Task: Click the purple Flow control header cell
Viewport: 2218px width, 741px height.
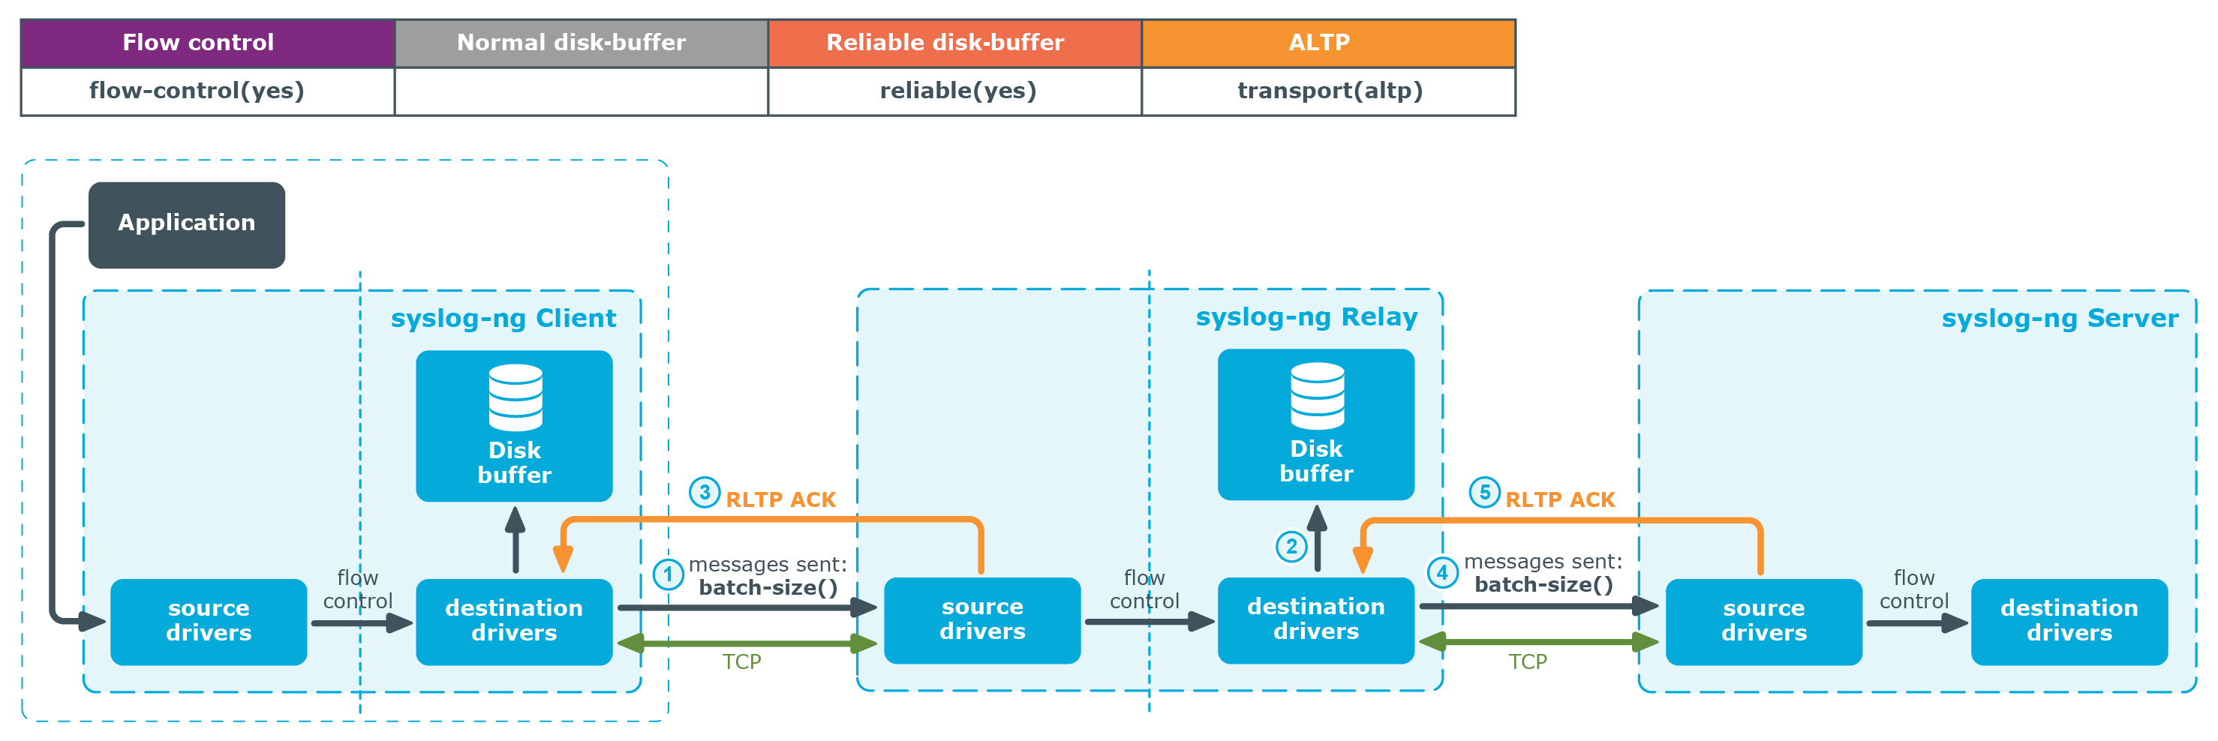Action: pos(208,43)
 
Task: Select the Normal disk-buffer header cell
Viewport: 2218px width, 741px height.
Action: pos(582,43)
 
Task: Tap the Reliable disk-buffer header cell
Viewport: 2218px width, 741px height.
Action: pos(955,43)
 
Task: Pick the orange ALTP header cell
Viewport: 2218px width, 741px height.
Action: pos(1329,43)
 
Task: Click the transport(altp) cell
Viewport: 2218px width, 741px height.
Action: pos(1329,91)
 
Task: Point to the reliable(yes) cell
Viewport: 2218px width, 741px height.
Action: pos(955,91)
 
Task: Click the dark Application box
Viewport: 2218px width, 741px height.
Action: pos(187,224)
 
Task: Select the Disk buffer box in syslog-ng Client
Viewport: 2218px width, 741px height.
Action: pos(514,426)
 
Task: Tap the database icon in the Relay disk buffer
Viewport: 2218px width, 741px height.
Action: pos(1317,396)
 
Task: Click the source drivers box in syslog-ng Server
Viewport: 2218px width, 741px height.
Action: pos(1763,621)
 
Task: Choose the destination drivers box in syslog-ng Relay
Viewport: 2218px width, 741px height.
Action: pos(1315,619)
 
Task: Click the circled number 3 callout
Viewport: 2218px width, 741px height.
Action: pos(705,492)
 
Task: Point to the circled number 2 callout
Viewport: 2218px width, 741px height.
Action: pos(1291,546)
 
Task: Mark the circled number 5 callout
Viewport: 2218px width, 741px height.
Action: pos(1484,492)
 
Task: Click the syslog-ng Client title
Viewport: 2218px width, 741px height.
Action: pos(503,319)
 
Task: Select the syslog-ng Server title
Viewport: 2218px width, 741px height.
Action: pos(2060,319)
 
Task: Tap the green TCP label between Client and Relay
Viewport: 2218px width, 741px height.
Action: pos(741,661)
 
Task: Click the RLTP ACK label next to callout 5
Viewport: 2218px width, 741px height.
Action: pos(1560,500)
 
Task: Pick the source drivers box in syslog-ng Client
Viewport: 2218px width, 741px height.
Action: pos(209,621)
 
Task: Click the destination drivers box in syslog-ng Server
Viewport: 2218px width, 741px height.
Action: pos(2069,621)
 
